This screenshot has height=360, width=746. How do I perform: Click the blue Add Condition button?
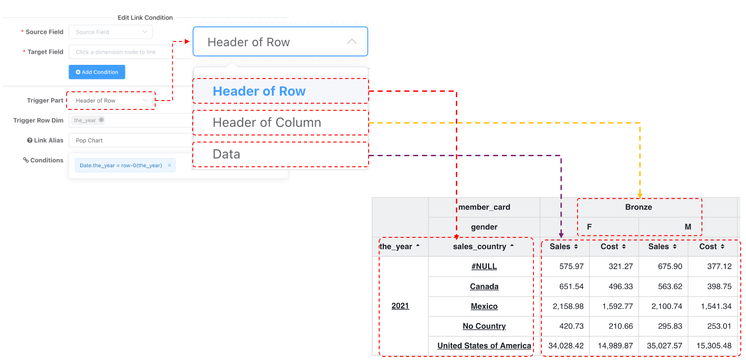[97, 72]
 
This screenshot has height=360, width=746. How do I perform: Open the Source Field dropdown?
[111, 32]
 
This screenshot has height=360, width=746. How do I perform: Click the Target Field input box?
[130, 52]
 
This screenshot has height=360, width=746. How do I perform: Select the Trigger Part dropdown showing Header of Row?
[111, 100]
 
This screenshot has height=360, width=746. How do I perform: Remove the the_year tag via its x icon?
[101, 120]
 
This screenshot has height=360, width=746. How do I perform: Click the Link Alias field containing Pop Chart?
[130, 140]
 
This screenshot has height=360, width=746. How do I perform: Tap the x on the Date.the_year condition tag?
[169, 165]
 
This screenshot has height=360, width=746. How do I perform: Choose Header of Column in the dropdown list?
[267, 123]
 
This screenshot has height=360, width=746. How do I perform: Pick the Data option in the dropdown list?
[227, 154]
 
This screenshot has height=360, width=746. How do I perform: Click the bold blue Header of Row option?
[259, 91]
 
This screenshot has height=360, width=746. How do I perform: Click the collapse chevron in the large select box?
[352, 41]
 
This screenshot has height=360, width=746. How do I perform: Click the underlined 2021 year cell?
[400, 306]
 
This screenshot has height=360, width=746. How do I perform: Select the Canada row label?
[484, 286]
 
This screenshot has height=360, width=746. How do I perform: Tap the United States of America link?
[484, 346]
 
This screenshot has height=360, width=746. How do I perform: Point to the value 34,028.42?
[566, 346]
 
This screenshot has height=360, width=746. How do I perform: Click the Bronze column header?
[638, 207]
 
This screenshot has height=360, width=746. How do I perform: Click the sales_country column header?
[480, 246]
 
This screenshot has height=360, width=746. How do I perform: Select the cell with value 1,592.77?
[617, 306]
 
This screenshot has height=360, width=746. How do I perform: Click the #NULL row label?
[484, 266]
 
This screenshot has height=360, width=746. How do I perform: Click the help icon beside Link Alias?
[30, 140]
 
